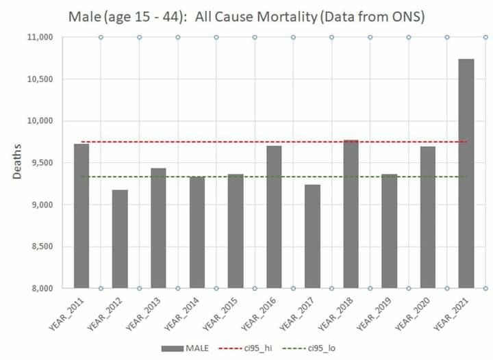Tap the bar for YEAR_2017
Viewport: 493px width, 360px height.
pyautogui.click(x=312, y=236)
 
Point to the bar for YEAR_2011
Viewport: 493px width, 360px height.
pyautogui.click(x=81, y=216)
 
